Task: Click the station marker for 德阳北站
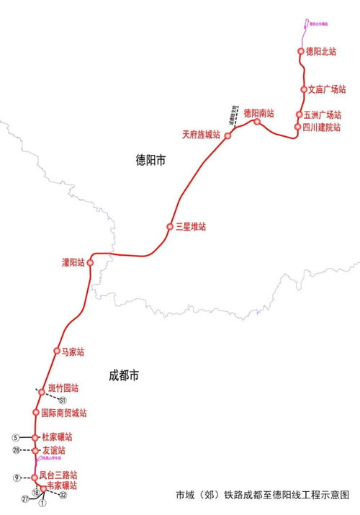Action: (x=301, y=51)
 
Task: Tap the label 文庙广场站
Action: (x=326, y=90)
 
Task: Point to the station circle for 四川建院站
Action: (x=297, y=127)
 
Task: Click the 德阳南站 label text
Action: (x=258, y=113)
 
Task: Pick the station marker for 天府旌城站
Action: (x=227, y=135)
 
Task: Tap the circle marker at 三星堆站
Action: (x=170, y=227)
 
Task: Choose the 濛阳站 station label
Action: (x=73, y=262)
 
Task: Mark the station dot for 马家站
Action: (x=56, y=351)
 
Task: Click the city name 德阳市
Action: (x=150, y=160)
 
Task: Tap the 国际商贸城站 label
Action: (x=63, y=413)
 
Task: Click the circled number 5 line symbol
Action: (x=14, y=437)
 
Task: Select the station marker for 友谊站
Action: (x=35, y=450)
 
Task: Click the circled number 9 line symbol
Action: (x=15, y=478)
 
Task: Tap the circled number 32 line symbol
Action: (x=63, y=496)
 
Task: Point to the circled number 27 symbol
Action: (x=25, y=498)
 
